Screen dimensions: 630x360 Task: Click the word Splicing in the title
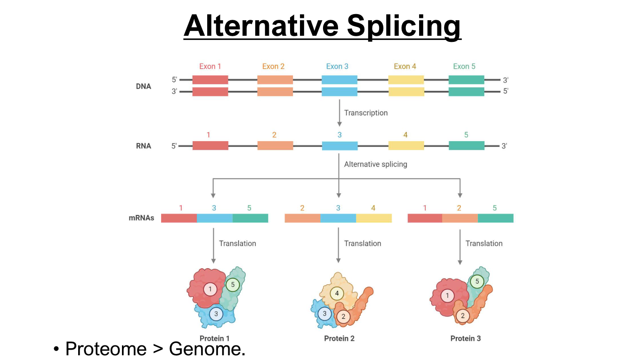point(404,27)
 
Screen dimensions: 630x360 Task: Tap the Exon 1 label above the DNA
point(210,66)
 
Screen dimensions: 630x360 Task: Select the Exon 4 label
point(405,66)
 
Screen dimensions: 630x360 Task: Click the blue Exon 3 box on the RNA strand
point(340,146)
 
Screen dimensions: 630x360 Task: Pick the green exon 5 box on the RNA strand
point(467,145)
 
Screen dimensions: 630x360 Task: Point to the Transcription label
point(366,113)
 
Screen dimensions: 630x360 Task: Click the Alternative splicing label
point(375,164)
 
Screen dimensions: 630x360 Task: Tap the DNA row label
point(144,86)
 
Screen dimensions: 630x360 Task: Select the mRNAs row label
point(141,218)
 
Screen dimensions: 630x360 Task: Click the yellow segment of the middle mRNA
point(374,218)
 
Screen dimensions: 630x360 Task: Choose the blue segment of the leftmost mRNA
point(215,218)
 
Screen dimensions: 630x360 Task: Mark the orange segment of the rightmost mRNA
point(460,218)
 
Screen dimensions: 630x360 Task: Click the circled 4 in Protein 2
point(337,294)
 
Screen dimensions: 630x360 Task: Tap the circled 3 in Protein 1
point(216,314)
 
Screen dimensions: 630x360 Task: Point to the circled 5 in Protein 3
point(477,281)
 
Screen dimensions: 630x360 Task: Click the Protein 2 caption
point(339,338)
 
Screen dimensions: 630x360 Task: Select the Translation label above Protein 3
point(484,243)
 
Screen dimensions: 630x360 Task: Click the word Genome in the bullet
point(207,349)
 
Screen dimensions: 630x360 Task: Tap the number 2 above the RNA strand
point(274,135)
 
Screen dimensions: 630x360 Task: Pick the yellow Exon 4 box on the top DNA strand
point(406,80)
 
